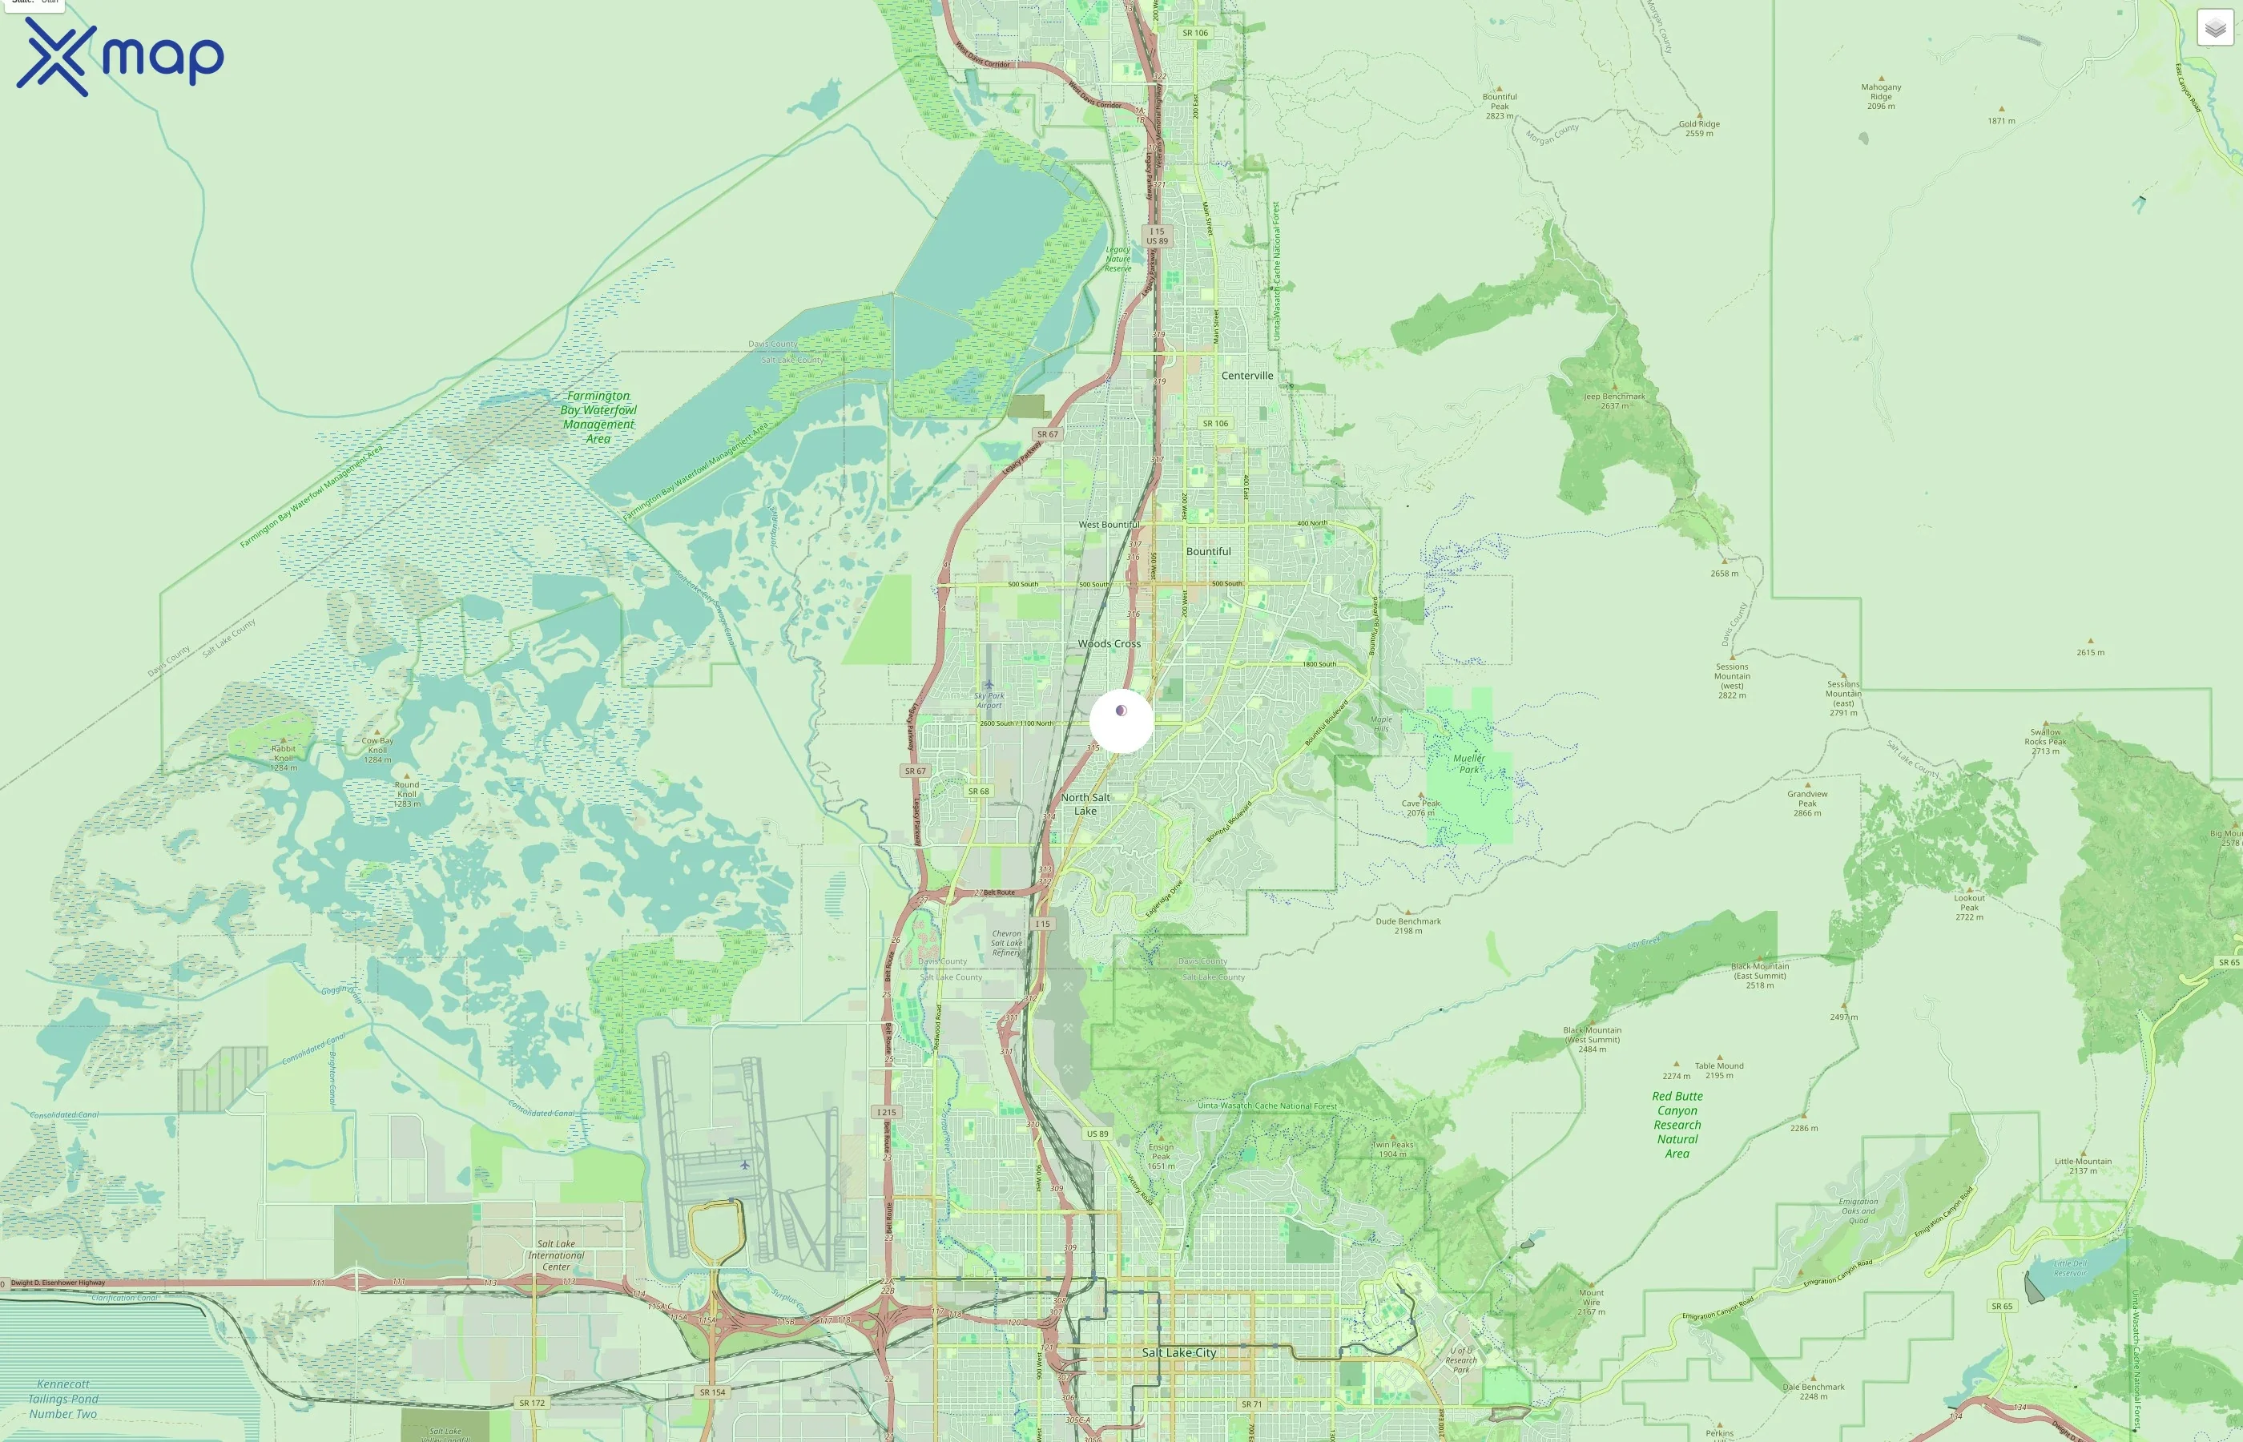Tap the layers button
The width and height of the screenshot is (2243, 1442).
tap(2215, 28)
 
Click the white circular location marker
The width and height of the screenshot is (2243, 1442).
tap(1121, 720)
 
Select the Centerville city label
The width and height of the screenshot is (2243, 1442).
tap(1247, 376)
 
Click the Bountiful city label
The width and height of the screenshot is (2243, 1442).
tap(1209, 551)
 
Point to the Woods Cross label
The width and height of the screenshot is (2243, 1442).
tap(1109, 643)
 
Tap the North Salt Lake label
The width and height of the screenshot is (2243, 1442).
tap(1085, 804)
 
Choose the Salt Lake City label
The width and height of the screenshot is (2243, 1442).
tap(1178, 1352)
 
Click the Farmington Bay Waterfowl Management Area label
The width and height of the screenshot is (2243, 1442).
tap(598, 417)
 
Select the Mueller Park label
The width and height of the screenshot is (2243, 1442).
tap(1469, 763)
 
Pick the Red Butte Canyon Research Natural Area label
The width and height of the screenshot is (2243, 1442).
tap(1677, 1124)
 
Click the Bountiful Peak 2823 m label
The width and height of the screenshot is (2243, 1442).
tap(1499, 105)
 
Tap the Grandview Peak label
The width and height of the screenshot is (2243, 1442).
tap(1806, 804)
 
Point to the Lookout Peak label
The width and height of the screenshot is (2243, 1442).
tap(1969, 906)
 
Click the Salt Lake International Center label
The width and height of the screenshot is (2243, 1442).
tap(556, 1255)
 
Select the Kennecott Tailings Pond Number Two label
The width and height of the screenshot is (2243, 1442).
tap(62, 1399)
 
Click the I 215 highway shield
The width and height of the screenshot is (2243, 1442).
tap(886, 1113)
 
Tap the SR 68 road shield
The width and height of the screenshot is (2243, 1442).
tap(978, 791)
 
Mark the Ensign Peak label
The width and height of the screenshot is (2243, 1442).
tap(1161, 1155)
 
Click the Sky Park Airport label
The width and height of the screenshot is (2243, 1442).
tap(989, 699)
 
